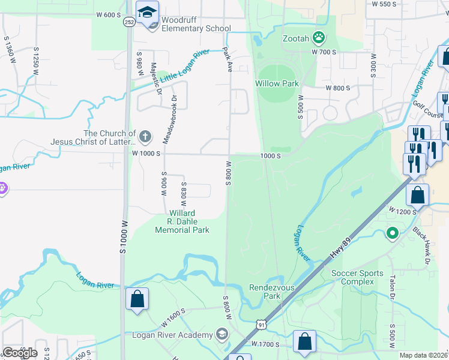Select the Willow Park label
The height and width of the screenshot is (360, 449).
point(277,83)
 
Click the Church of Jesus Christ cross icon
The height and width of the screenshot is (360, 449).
point(145,137)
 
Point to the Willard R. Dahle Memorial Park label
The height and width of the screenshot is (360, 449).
point(182,221)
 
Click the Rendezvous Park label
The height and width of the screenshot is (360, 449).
point(272,292)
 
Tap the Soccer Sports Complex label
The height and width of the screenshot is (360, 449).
point(357,278)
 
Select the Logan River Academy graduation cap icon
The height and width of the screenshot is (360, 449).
point(221,334)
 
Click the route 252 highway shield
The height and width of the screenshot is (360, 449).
point(129,22)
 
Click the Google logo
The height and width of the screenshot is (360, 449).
point(20,353)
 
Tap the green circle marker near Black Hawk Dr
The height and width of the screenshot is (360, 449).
point(393,232)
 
